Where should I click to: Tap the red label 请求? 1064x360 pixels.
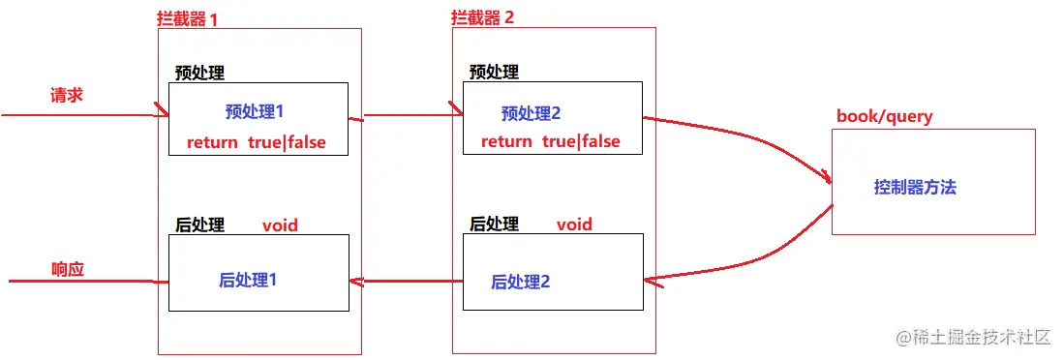[66, 96]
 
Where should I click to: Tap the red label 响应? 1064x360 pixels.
[68, 269]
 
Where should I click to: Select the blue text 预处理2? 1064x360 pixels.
[532, 113]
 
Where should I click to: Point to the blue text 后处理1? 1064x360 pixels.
[249, 281]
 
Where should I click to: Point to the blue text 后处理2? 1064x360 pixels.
[521, 282]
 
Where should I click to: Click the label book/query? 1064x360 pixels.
[884, 116]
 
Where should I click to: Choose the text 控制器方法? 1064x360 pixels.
[915, 188]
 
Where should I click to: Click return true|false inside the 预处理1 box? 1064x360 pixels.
[257, 142]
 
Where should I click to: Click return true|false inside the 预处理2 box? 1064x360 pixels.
[550, 141]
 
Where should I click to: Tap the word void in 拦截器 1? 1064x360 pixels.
[280, 225]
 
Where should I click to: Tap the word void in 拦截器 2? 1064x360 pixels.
[574, 225]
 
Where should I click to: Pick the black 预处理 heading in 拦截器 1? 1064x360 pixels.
[199, 73]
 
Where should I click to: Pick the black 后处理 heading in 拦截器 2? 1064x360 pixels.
[495, 225]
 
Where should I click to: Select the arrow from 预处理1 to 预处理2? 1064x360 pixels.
[407, 117]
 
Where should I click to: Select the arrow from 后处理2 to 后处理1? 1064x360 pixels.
[407, 283]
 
